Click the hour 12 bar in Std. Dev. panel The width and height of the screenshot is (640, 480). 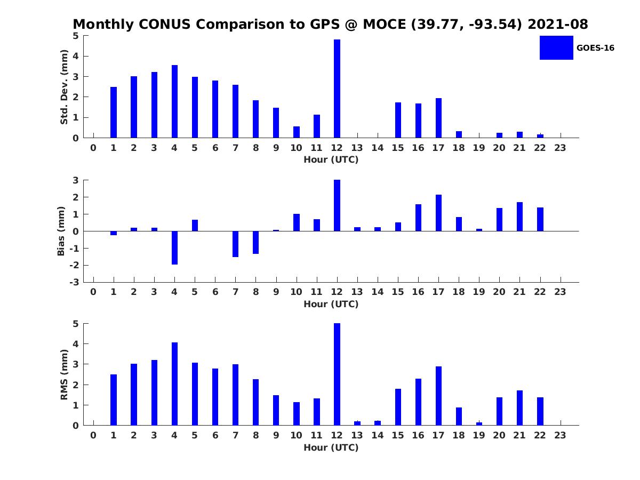coord(337,89)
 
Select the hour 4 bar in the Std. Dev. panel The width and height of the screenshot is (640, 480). coord(174,101)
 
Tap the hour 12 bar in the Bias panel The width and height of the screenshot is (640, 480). coord(337,205)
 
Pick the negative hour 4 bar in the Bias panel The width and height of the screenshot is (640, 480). coord(174,247)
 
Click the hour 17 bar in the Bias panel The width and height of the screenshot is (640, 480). coord(438,213)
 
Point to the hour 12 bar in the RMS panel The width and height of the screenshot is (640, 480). coord(337,374)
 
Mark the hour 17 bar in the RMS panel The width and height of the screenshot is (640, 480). coord(438,396)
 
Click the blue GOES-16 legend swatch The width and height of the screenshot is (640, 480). coord(556,47)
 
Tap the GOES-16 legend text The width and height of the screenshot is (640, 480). coord(595,48)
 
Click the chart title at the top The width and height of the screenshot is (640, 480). coord(330,25)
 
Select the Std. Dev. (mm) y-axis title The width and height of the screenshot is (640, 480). coord(65,87)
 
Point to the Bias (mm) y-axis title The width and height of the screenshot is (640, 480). coord(61,231)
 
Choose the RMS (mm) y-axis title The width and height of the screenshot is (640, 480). coord(65,374)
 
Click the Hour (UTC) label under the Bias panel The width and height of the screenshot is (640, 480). coord(331,305)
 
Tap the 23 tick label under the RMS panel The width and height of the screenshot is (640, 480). coord(560,435)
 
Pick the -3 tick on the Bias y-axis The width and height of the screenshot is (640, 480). coord(76,282)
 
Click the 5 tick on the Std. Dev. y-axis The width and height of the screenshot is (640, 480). coord(76,36)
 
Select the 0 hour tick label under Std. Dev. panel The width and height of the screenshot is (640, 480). coord(93,148)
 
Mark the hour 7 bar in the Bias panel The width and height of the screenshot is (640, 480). coord(235,244)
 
